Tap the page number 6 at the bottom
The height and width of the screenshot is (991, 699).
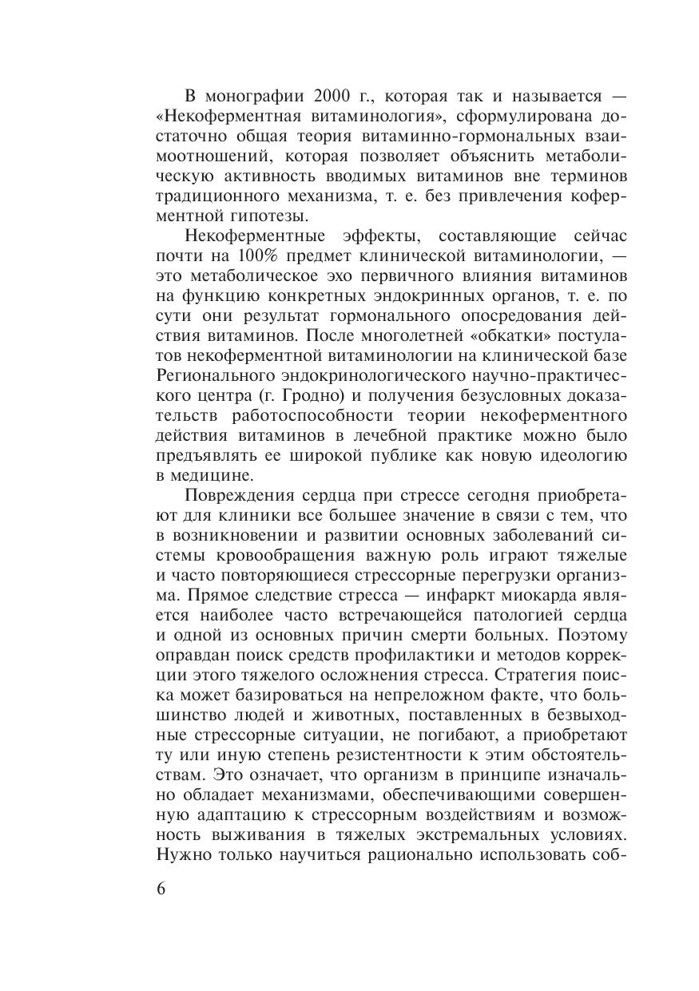(161, 890)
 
